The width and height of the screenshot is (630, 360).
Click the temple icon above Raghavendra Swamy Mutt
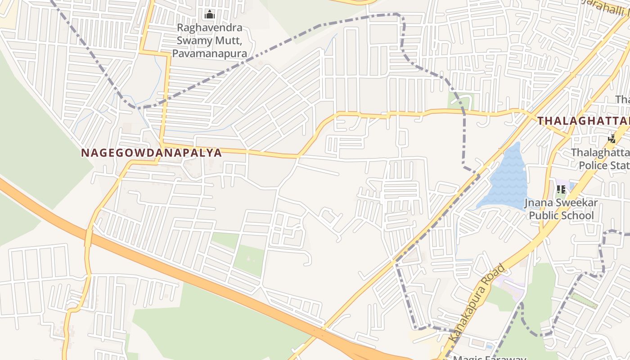click(209, 15)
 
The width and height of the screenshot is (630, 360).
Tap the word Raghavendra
click(210, 27)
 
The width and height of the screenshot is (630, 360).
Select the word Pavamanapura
click(210, 54)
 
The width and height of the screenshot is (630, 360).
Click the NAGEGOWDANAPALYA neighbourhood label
click(152, 153)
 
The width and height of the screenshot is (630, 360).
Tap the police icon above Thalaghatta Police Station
click(612, 139)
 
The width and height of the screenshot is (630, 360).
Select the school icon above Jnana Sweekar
click(561, 189)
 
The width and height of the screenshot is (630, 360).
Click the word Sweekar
click(572, 203)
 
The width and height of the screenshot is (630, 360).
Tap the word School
click(578, 216)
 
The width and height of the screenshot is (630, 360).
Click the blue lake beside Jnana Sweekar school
click(506, 180)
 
